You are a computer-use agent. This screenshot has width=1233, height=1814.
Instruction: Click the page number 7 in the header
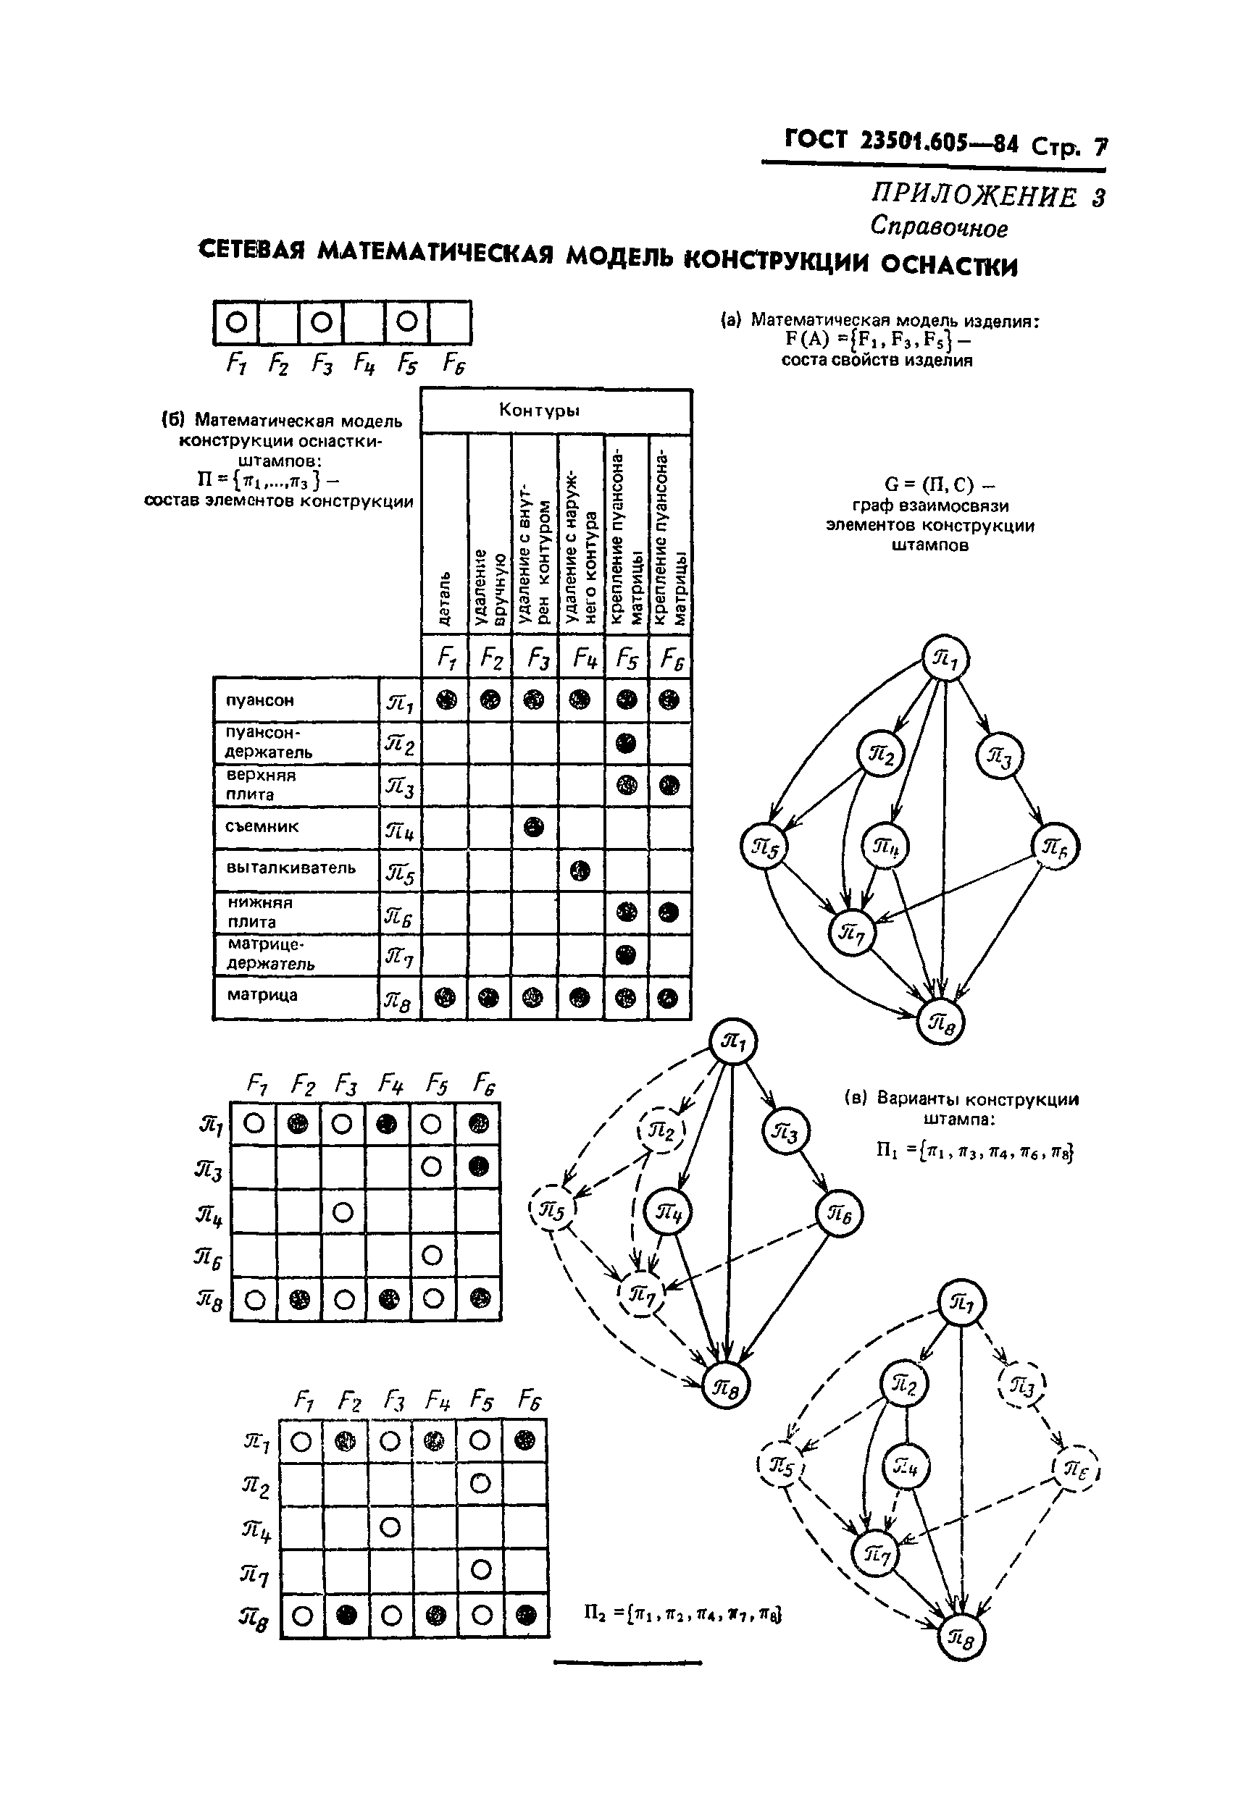(x=1100, y=146)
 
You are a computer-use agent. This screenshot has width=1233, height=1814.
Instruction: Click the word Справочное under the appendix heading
(x=938, y=227)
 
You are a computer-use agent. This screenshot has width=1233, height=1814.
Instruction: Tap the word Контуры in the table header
(x=539, y=410)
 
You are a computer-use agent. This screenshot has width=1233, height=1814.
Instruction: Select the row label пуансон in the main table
(x=259, y=700)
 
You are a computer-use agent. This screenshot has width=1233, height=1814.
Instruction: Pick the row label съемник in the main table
(x=262, y=826)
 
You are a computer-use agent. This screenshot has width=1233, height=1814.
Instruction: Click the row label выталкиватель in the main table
(x=291, y=868)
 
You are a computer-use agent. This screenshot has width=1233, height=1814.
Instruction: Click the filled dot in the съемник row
(x=533, y=826)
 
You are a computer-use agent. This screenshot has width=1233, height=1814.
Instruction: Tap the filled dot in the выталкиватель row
(x=580, y=870)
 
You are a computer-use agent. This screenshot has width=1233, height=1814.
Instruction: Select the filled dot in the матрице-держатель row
(x=626, y=954)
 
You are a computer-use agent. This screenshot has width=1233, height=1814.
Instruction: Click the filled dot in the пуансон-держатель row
(x=626, y=742)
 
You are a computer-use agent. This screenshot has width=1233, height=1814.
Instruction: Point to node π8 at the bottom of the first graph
(x=940, y=1022)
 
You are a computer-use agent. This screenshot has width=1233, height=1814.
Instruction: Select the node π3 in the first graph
(x=999, y=755)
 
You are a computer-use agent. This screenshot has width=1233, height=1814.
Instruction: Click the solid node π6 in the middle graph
(x=839, y=1214)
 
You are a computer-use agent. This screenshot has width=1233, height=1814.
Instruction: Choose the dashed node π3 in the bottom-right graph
(x=1021, y=1385)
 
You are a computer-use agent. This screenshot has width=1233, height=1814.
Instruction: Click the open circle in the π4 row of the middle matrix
(x=343, y=1212)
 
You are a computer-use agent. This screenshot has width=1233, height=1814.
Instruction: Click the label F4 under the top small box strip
(x=364, y=363)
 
